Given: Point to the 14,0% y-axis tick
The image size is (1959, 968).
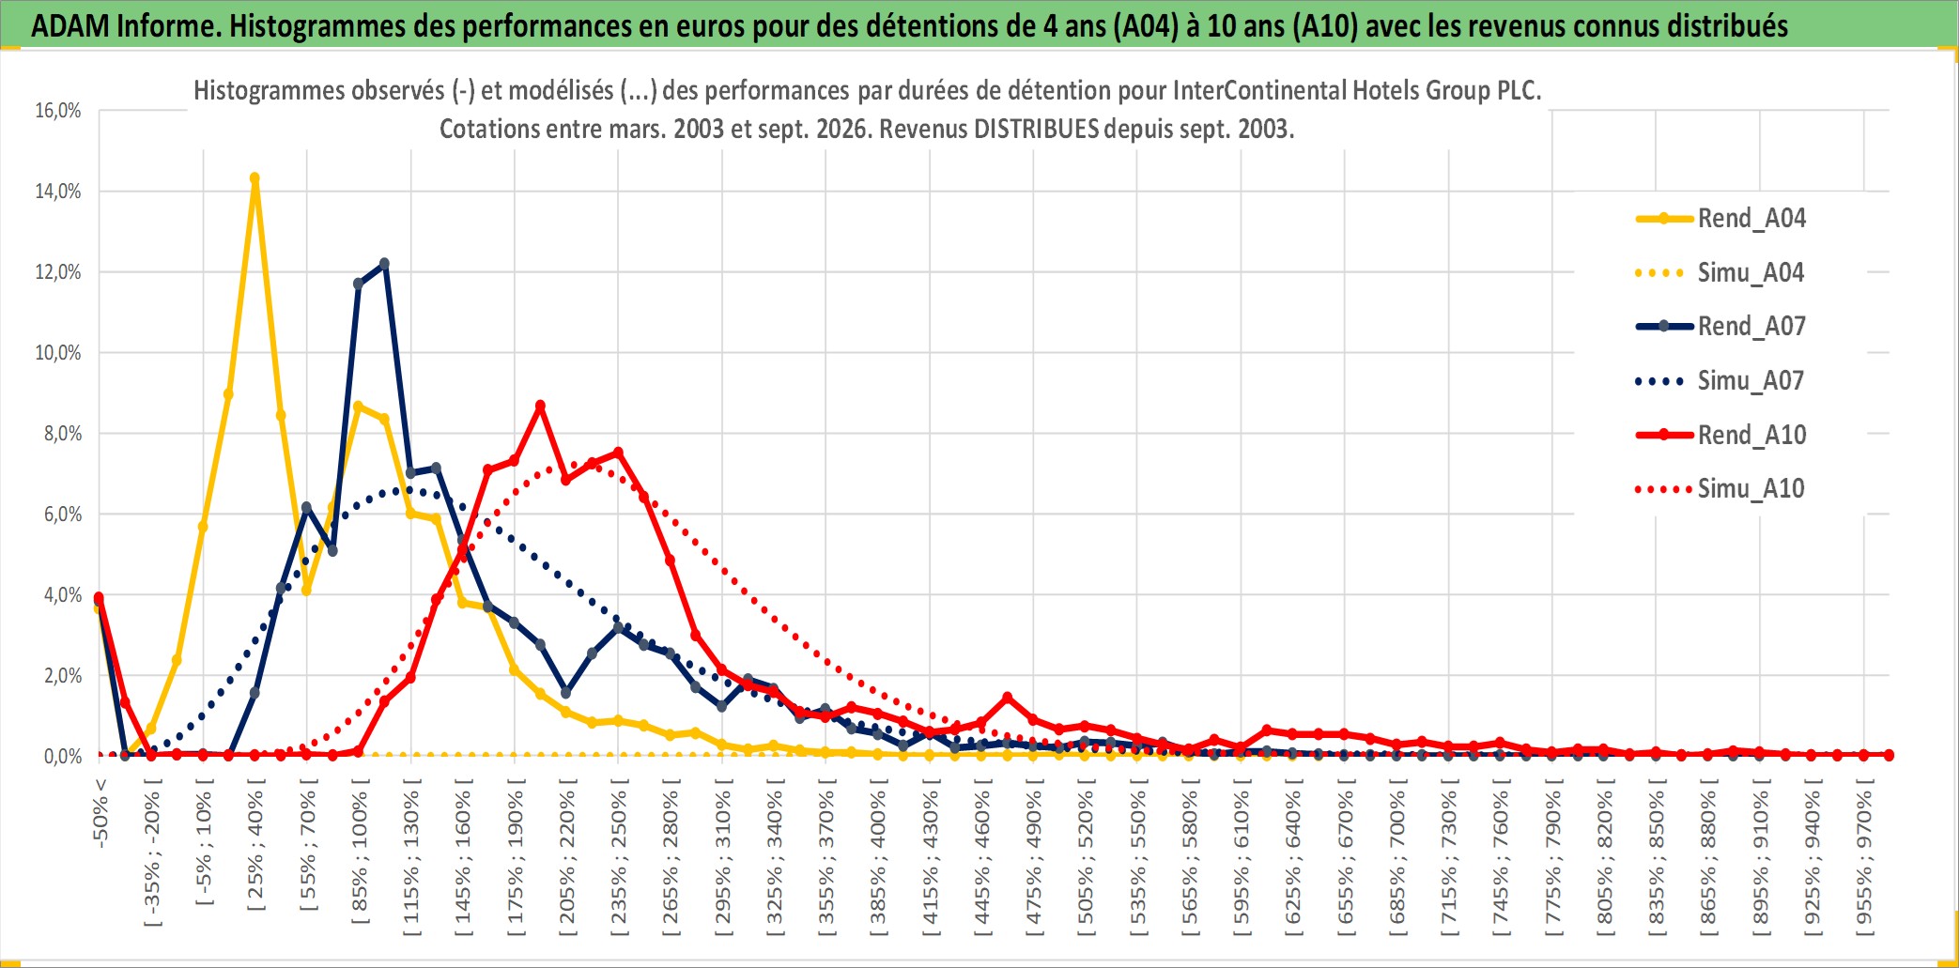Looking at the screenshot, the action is [x=58, y=192].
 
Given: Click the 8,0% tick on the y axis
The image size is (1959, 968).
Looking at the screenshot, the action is [x=62, y=434].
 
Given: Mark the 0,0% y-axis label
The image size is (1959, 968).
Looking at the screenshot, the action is [x=62, y=757].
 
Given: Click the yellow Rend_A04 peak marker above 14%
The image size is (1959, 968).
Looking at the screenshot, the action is [x=255, y=177].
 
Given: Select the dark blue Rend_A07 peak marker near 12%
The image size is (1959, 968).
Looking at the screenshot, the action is [x=384, y=264].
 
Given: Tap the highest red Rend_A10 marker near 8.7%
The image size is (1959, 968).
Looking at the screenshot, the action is [x=540, y=406].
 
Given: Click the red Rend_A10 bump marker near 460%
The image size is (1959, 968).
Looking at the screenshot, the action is [x=1007, y=698].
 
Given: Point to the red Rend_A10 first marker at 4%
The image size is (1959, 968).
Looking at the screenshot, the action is [x=99, y=598].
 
